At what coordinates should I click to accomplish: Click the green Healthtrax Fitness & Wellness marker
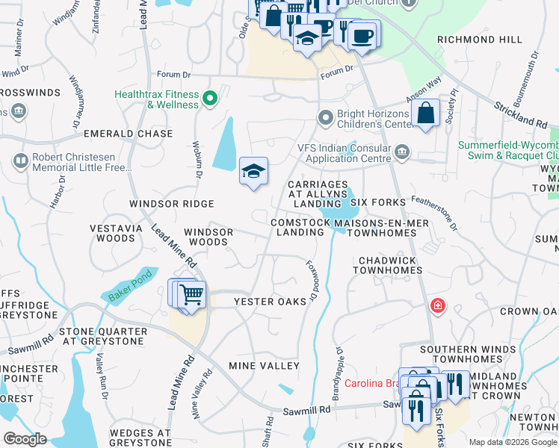[x=210, y=97]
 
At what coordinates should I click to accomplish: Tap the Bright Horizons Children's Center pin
[x=325, y=117]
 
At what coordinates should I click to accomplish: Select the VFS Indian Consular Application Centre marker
[x=403, y=153]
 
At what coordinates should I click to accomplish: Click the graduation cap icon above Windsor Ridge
[x=253, y=171]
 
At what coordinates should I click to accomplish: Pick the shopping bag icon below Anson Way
[x=425, y=113]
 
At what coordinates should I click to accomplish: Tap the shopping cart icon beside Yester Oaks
[x=191, y=295]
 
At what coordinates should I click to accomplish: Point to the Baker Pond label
[x=130, y=286]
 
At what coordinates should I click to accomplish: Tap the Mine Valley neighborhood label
[x=264, y=366]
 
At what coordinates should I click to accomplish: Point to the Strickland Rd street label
[x=521, y=112]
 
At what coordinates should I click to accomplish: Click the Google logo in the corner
[x=25, y=439]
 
